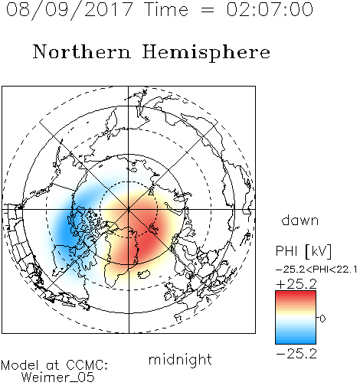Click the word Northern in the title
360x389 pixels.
click(82, 52)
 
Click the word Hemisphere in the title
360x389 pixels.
click(206, 53)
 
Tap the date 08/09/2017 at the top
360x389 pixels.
click(69, 9)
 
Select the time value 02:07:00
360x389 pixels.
click(270, 9)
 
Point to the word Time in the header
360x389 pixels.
click(166, 9)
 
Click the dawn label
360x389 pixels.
click(300, 220)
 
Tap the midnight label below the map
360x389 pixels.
click(180, 359)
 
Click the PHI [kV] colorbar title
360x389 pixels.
click(303, 251)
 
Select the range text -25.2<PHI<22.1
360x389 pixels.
click(316, 270)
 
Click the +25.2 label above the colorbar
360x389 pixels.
click(296, 284)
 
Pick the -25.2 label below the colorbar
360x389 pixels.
click(296, 354)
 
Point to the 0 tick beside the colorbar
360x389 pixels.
click(322, 319)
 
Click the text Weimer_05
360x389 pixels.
click(58, 377)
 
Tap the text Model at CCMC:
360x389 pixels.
click(54, 365)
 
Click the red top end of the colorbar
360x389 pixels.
click(296, 293)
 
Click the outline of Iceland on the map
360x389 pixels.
click(144, 274)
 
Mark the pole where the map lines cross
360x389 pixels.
click(129, 209)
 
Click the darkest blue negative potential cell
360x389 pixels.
click(67, 230)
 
